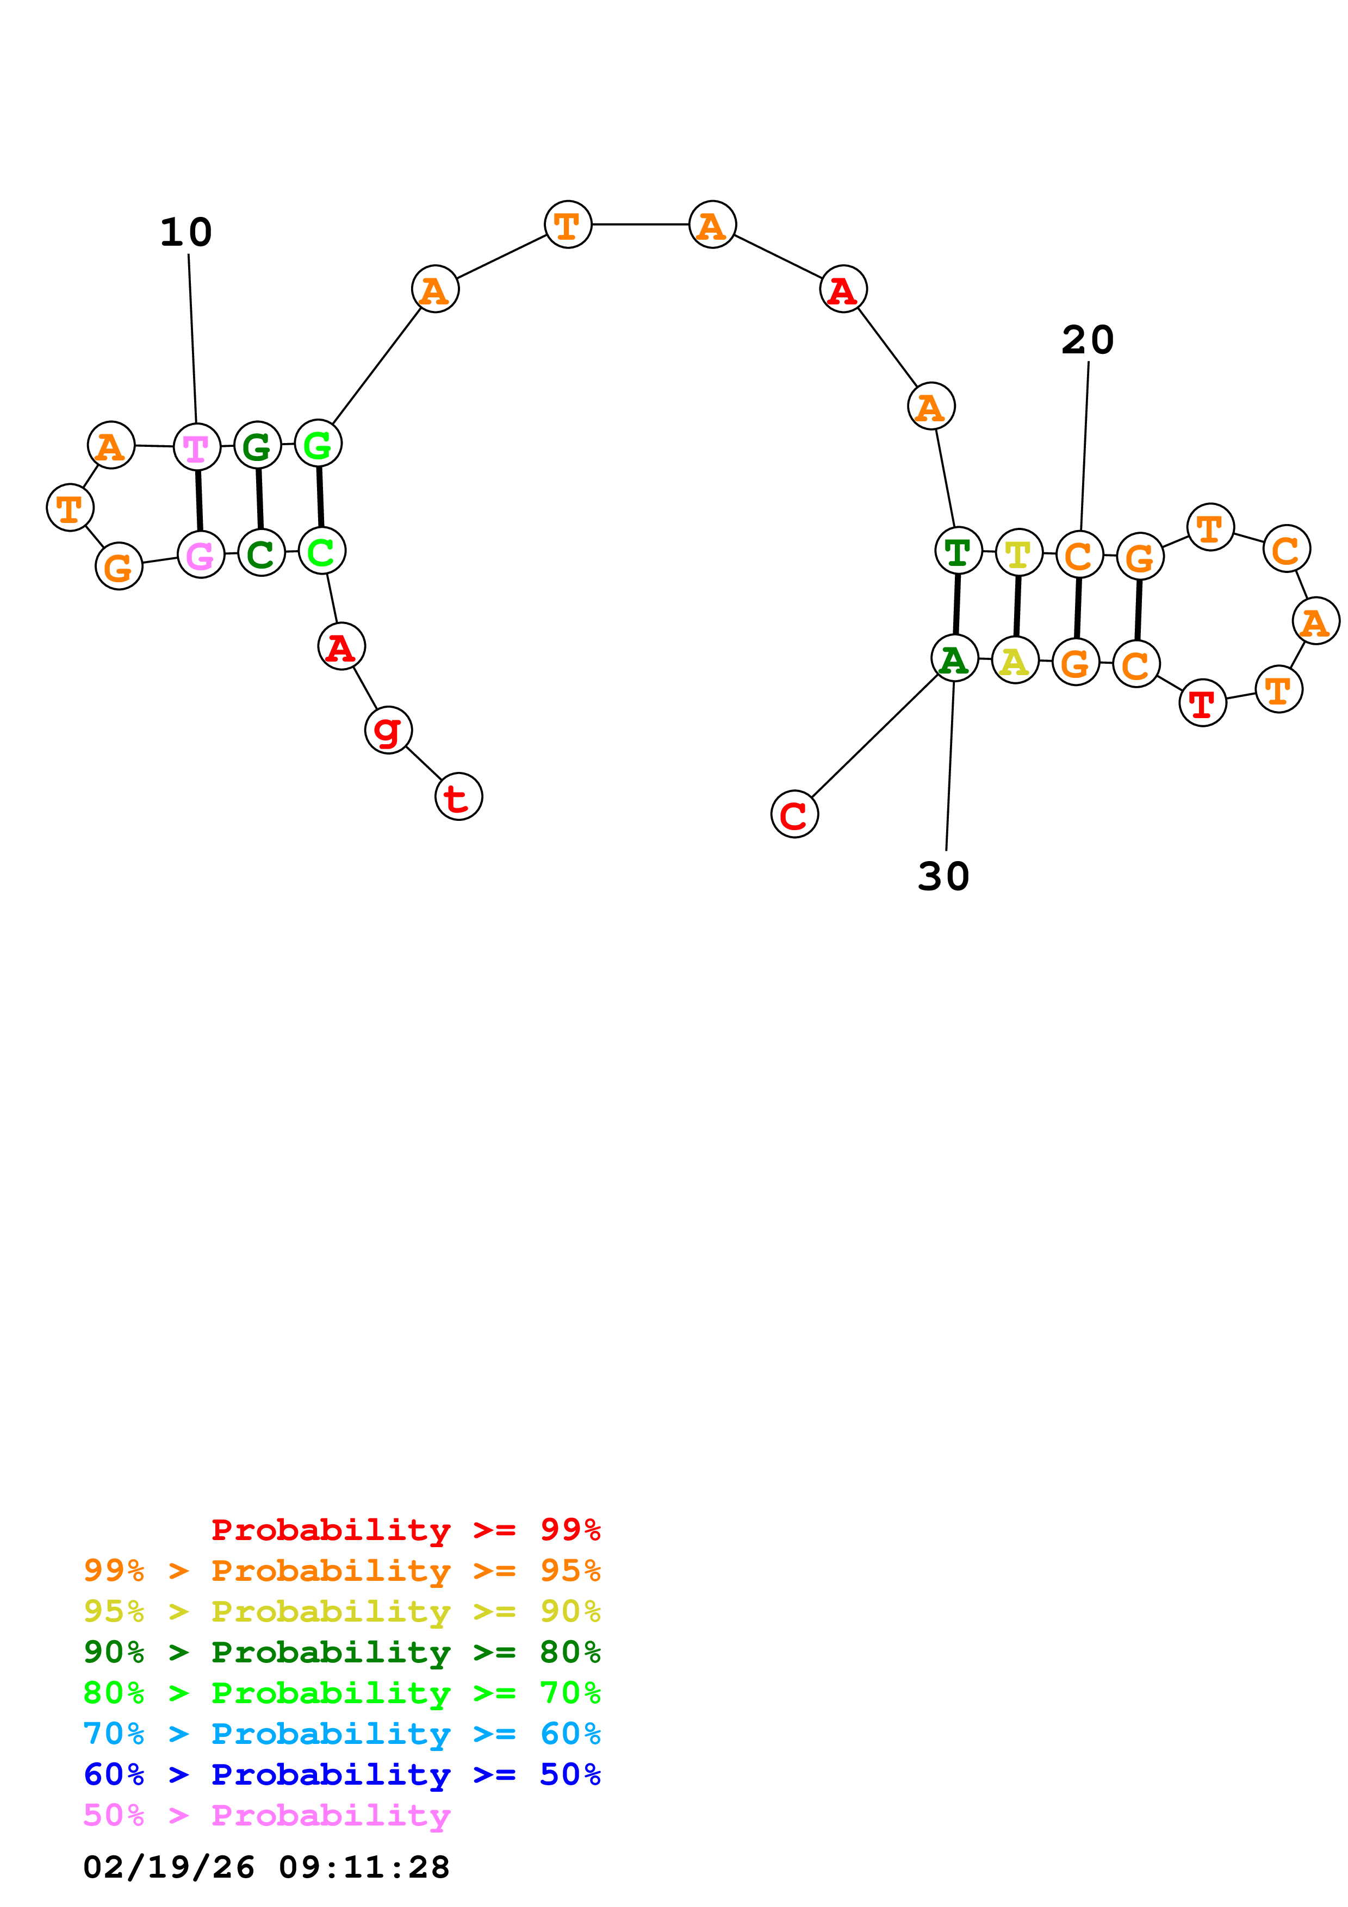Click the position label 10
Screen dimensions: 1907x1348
tap(186, 233)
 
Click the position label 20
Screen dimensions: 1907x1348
tap(1087, 340)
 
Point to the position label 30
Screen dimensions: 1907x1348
tap(943, 877)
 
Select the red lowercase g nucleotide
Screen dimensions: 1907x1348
tap(388, 730)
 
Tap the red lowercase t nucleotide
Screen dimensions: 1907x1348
tap(458, 796)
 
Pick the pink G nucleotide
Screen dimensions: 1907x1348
tap(201, 555)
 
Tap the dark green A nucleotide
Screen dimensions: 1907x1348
tap(954, 659)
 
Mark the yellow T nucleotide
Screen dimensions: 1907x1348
tap(1018, 553)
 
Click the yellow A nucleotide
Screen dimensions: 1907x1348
tap(1015, 661)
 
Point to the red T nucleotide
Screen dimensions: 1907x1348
tap(1202, 703)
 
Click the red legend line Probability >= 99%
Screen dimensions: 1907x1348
tap(405, 1530)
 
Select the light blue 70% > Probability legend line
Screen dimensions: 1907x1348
tap(341, 1734)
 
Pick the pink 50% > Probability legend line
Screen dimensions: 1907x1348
tap(266, 1816)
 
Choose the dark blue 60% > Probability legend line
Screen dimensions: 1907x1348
tap(341, 1775)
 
